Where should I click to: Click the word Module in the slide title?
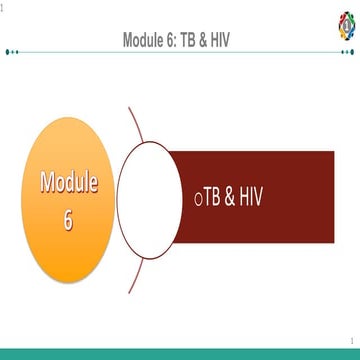(148, 41)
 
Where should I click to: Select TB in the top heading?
(195, 41)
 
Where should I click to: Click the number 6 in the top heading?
(177, 41)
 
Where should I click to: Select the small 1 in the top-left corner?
(3, 7)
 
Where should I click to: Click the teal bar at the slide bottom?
(180, 354)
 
